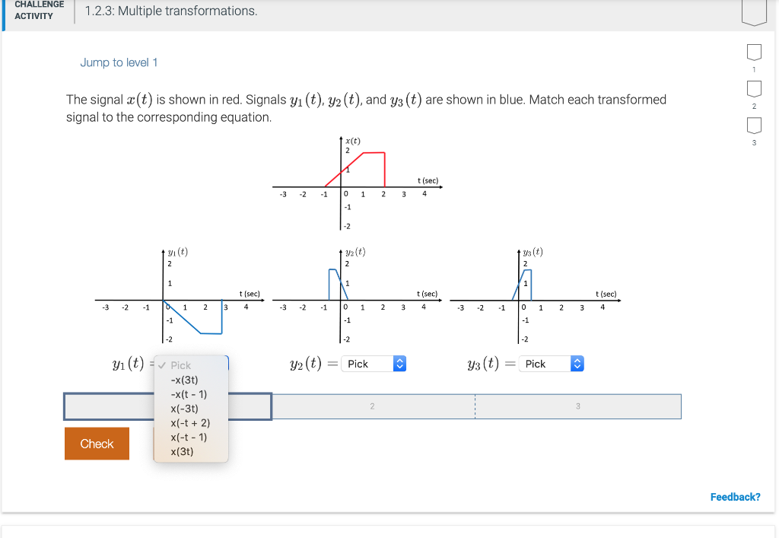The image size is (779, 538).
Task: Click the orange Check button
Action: point(97,444)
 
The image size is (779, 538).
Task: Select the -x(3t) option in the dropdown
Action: point(184,380)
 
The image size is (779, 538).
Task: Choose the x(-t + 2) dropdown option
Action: point(190,423)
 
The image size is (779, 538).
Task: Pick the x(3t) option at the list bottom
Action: point(182,451)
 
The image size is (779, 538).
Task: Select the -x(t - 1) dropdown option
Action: point(189,394)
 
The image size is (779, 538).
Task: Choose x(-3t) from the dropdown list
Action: point(184,409)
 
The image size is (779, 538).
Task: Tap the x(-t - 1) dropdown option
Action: point(189,437)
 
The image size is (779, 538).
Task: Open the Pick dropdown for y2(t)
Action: point(374,365)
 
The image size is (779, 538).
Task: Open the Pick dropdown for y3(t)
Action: point(552,365)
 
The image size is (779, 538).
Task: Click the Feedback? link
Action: point(735,497)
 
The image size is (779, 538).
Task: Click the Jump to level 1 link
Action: point(119,62)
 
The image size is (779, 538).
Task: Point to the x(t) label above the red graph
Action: point(352,141)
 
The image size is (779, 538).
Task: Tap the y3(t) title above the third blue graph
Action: point(533,252)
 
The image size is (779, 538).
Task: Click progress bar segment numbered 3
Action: point(577,406)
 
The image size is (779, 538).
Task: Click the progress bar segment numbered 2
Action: point(373,406)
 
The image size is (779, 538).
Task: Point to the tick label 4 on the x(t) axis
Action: point(424,193)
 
